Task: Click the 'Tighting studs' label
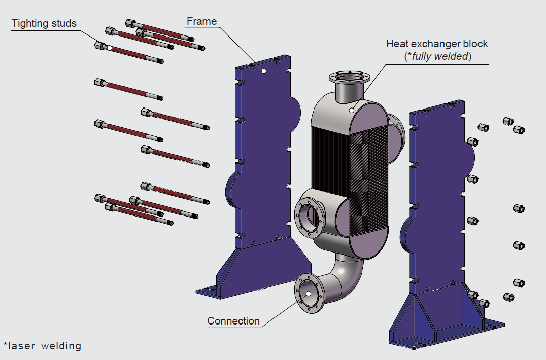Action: [x=44, y=23]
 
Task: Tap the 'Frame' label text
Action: [x=201, y=21]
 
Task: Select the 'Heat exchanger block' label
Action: [x=437, y=44]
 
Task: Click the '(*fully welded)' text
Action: [x=437, y=56]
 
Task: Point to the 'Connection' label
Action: [x=233, y=321]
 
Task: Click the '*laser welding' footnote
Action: [x=42, y=346]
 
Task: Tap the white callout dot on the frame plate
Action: [x=264, y=71]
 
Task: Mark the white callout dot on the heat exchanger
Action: [x=352, y=110]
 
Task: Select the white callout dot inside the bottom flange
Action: [x=308, y=293]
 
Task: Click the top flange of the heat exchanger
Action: [x=349, y=78]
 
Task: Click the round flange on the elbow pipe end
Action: [x=308, y=294]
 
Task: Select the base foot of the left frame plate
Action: [x=218, y=292]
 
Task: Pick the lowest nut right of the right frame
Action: [x=506, y=297]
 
